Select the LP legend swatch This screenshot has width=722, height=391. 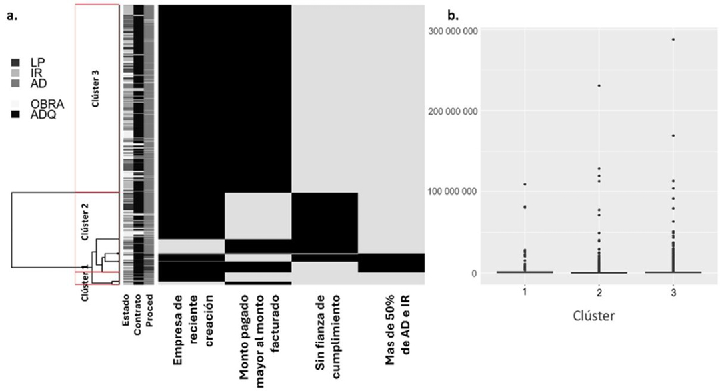[x=15, y=62]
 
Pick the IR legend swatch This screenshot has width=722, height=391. [x=15, y=72]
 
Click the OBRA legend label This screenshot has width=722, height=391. [x=47, y=103]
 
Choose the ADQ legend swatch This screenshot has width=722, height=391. [x=15, y=113]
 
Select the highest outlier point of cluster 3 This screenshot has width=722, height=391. [x=673, y=39]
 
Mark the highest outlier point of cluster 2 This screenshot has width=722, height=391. [x=599, y=85]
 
